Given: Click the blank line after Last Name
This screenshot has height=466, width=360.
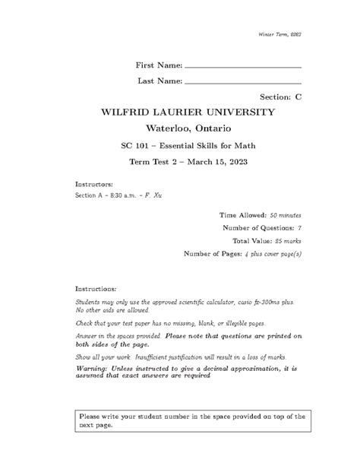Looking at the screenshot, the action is (x=243, y=82).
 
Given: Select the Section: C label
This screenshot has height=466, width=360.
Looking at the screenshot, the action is (x=281, y=97).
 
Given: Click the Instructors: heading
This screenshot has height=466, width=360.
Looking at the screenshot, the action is (x=94, y=184).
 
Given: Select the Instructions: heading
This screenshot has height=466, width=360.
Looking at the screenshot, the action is (x=96, y=290).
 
